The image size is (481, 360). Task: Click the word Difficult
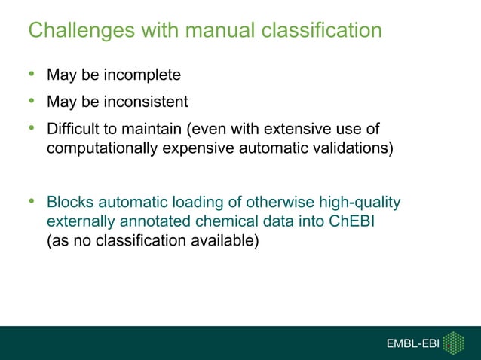[72, 127]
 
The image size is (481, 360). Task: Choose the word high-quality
[357, 203]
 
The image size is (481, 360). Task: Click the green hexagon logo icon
[452, 343]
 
